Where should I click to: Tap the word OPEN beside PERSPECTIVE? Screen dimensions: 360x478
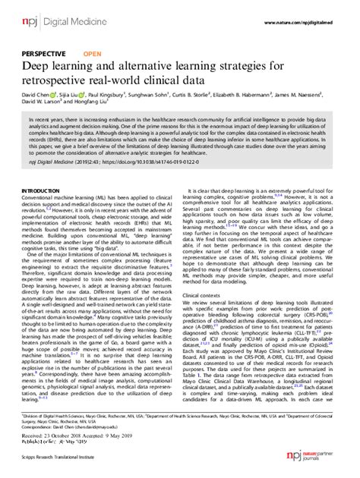(x=92, y=55)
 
